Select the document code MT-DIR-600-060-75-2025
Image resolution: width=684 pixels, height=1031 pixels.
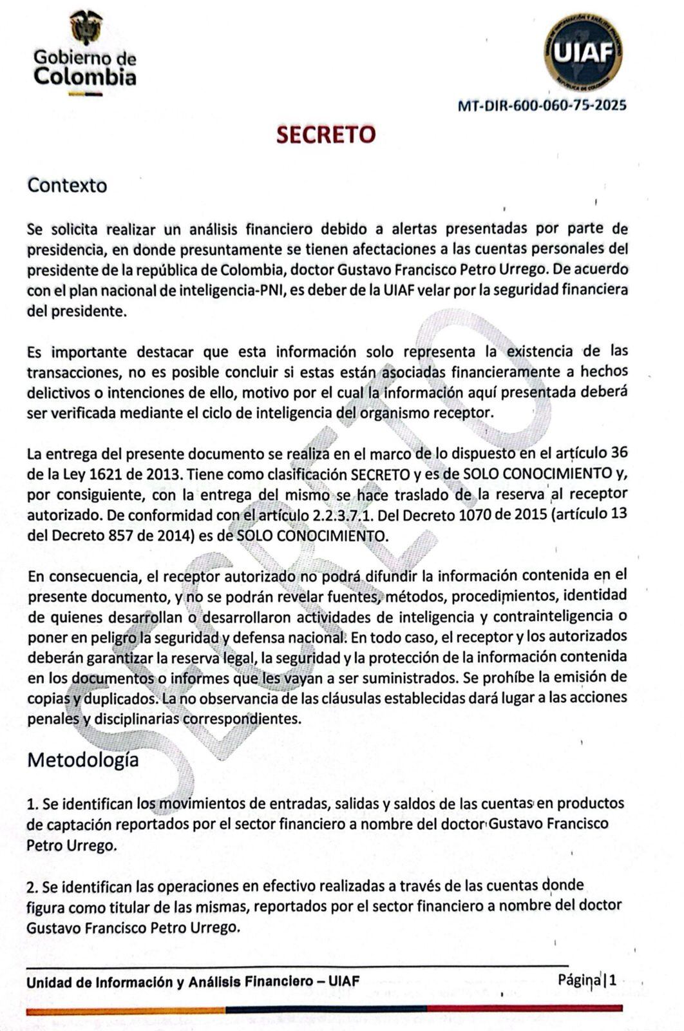(542, 106)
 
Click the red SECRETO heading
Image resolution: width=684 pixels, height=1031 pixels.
(326, 135)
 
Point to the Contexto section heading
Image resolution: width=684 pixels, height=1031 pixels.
(67, 186)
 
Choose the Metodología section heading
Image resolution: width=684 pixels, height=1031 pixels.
(82, 760)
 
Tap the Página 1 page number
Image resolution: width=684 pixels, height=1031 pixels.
(587, 981)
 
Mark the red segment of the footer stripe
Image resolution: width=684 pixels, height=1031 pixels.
(524, 1008)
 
